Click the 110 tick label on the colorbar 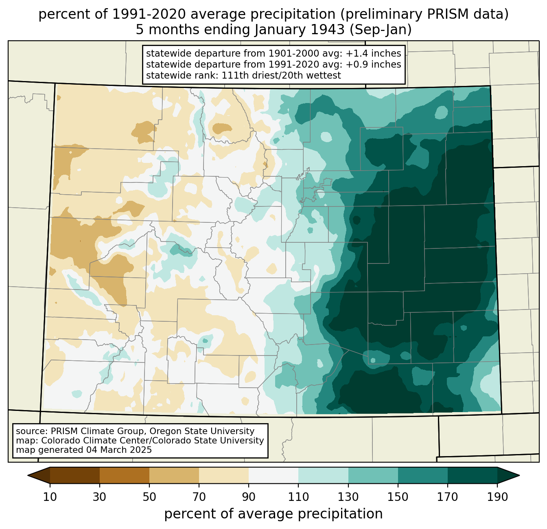point(298,497)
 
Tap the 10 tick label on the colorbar point(50,497)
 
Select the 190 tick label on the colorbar point(497,497)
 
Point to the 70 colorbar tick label point(199,497)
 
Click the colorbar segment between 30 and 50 point(124,475)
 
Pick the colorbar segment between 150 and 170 point(422,475)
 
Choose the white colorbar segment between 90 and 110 point(273,475)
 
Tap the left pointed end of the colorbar point(28,475)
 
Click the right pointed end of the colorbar point(519,475)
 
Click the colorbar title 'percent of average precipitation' point(273,514)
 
